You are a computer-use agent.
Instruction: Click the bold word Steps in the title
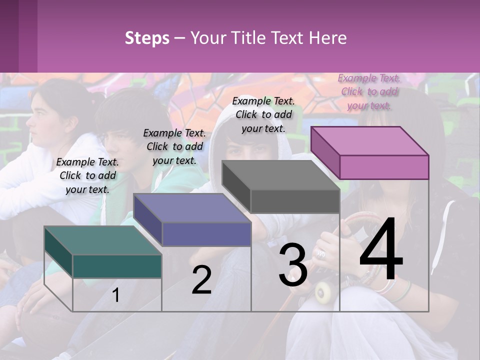(147, 38)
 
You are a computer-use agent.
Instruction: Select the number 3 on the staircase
(292, 265)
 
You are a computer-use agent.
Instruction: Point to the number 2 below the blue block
(201, 280)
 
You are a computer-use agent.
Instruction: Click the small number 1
(116, 295)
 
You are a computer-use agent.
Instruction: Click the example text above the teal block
(87, 175)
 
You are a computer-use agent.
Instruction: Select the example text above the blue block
(174, 146)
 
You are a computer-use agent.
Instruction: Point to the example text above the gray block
(263, 114)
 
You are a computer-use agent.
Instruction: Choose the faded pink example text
(369, 91)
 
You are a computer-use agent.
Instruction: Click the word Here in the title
(328, 38)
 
